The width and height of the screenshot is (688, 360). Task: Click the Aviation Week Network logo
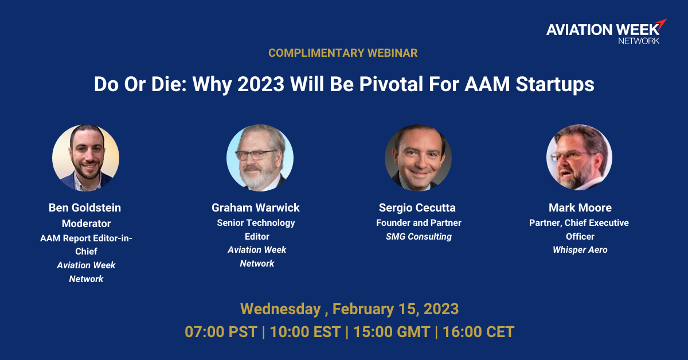point(607,32)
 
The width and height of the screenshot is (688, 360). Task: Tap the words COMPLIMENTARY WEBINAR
point(343,53)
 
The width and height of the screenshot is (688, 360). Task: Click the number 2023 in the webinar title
point(261,84)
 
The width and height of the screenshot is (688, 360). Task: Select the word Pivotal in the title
point(391,84)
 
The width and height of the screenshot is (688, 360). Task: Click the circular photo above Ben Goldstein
point(85,158)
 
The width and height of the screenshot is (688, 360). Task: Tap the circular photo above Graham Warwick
point(260,158)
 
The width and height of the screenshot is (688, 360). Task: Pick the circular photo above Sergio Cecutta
point(418,158)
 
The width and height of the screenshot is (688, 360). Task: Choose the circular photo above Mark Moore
point(579,157)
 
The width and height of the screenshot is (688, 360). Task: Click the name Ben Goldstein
point(85,208)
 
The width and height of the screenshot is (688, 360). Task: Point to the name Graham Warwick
point(256,208)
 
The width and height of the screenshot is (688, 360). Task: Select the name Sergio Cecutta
point(417,208)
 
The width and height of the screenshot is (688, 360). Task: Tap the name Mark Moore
point(580,208)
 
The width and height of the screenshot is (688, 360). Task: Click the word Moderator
point(87,224)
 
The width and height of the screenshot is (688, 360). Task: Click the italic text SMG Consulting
point(419,237)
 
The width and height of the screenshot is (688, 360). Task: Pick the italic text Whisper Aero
point(580,250)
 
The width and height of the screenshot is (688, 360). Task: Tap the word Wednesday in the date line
point(280,309)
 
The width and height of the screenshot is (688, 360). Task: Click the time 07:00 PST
point(221,332)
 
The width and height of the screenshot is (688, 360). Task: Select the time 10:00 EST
point(305,332)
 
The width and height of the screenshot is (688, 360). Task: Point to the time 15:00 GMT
point(392,332)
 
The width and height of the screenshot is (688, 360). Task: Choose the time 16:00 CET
point(479,332)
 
